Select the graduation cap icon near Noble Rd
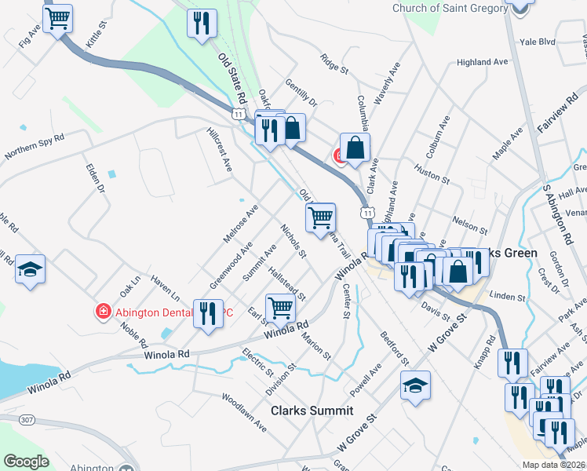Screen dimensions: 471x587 tap(31, 268)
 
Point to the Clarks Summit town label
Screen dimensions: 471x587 tap(312, 411)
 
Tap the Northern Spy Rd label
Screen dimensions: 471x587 tap(35, 147)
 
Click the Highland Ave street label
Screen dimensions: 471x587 tap(483, 62)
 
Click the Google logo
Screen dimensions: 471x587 tap(26, 462)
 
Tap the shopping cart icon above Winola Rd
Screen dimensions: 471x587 tap(280, 309)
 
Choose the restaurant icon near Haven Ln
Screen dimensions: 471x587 tap(207, 315)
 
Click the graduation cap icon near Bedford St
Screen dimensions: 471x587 tap(416, 385)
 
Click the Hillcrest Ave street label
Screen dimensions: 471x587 tap(220, 150)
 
